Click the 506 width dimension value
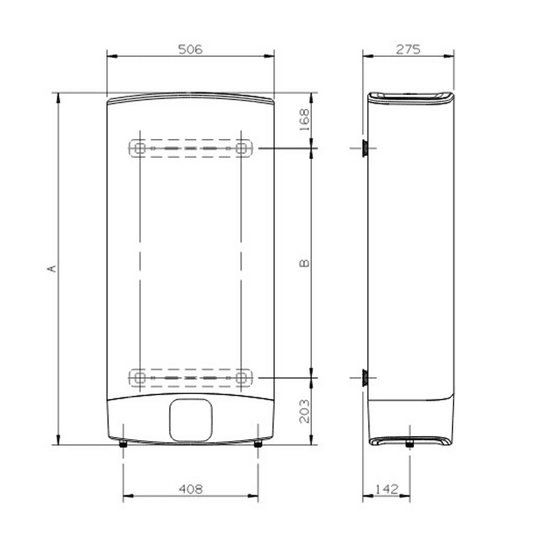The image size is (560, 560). click(x=190, y=49)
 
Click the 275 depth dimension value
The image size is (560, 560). click(x=408, y=49)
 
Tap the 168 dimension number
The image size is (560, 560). click(x=305, y=119)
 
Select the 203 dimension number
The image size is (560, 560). click(x=305, y=411)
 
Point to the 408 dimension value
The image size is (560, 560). click(x=190, y=489)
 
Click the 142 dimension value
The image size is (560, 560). click(x=387, y=489)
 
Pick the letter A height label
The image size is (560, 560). click(x=52, y=268)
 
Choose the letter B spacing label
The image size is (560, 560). click(x=305, y=263)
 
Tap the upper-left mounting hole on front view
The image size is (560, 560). click(x=140, y=148)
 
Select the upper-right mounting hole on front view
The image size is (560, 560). click(x=241, y=148)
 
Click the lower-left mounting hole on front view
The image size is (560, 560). click(x=140, y=377)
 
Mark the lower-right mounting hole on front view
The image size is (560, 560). click(x=241, y=377)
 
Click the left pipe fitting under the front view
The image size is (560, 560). click(x=124, y=444)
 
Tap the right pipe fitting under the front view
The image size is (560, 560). click(x=258, y=444)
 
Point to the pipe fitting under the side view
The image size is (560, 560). click(x=409, y=444)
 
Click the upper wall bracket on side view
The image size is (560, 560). click(x=364, y=148)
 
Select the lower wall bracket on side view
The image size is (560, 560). click(x=364, y=377)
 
